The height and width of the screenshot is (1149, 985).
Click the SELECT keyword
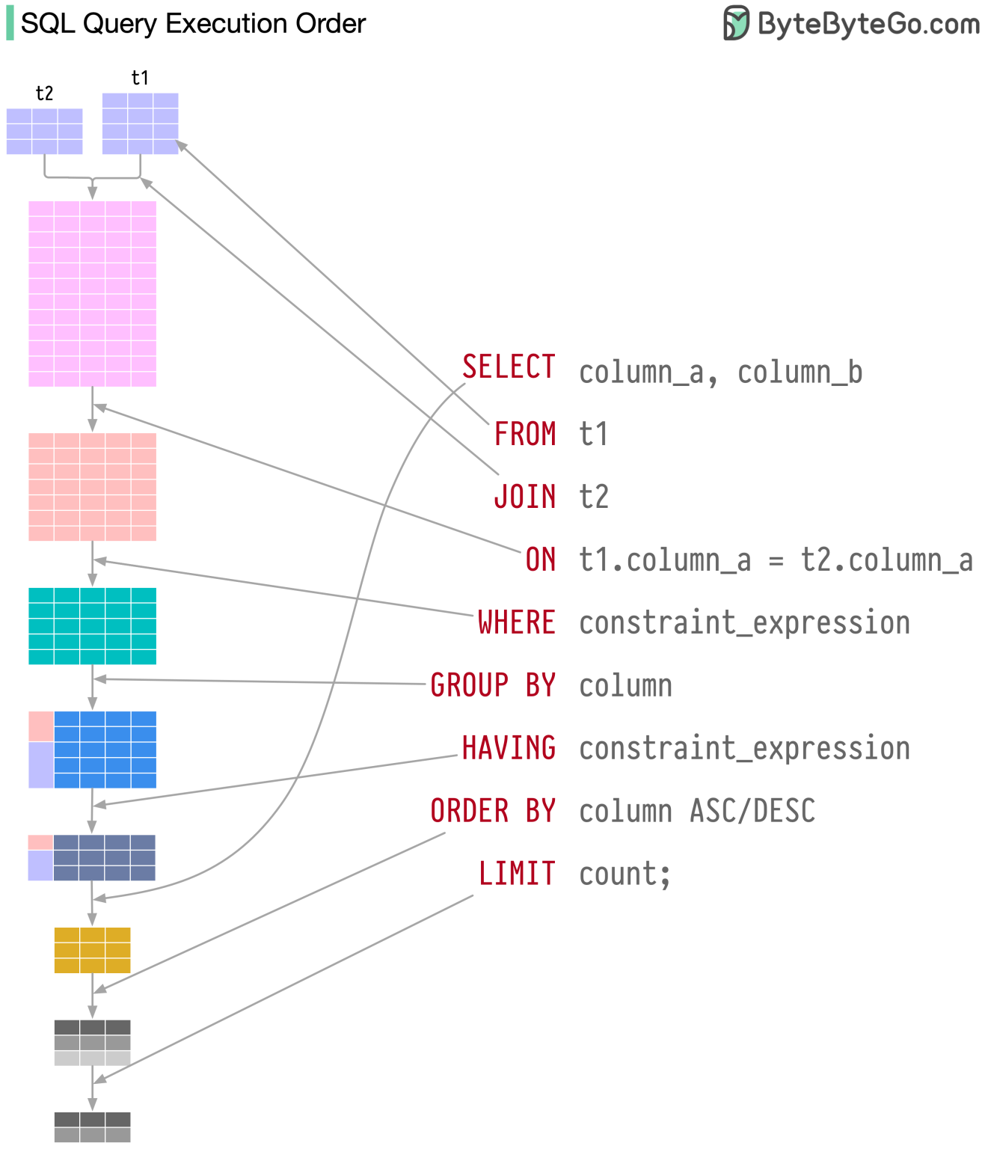click(509, 367)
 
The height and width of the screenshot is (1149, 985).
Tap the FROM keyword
click(525, 434)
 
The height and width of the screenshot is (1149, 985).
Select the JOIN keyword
click(525, 497)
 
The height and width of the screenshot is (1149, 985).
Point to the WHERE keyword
click(517, 622)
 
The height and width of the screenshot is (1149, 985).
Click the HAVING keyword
click(509, 748)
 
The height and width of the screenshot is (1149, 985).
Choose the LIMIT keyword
click(517, 874)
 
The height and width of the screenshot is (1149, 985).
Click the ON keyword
click(541, 560)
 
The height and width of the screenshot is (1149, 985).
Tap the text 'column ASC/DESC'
click(697, 811)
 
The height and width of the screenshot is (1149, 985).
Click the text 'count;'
click(625, 874)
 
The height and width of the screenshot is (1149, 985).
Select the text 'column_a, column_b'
click(721, 373)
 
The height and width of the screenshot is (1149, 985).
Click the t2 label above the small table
click(44, 94)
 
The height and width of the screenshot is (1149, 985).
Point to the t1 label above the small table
click(140, 78)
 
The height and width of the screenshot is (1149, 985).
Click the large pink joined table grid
click(92, 293)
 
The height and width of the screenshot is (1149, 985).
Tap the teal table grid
click(92, 626)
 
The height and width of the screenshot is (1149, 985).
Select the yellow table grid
click(92, 950)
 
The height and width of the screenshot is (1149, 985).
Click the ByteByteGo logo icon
click(736, 23)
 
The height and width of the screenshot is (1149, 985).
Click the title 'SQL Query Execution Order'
click(193, 24)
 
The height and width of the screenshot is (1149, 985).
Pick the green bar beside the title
click(10, 24)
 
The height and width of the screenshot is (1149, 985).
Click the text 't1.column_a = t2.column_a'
click(776, 560)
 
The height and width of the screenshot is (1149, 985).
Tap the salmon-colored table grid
click(92, 486)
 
